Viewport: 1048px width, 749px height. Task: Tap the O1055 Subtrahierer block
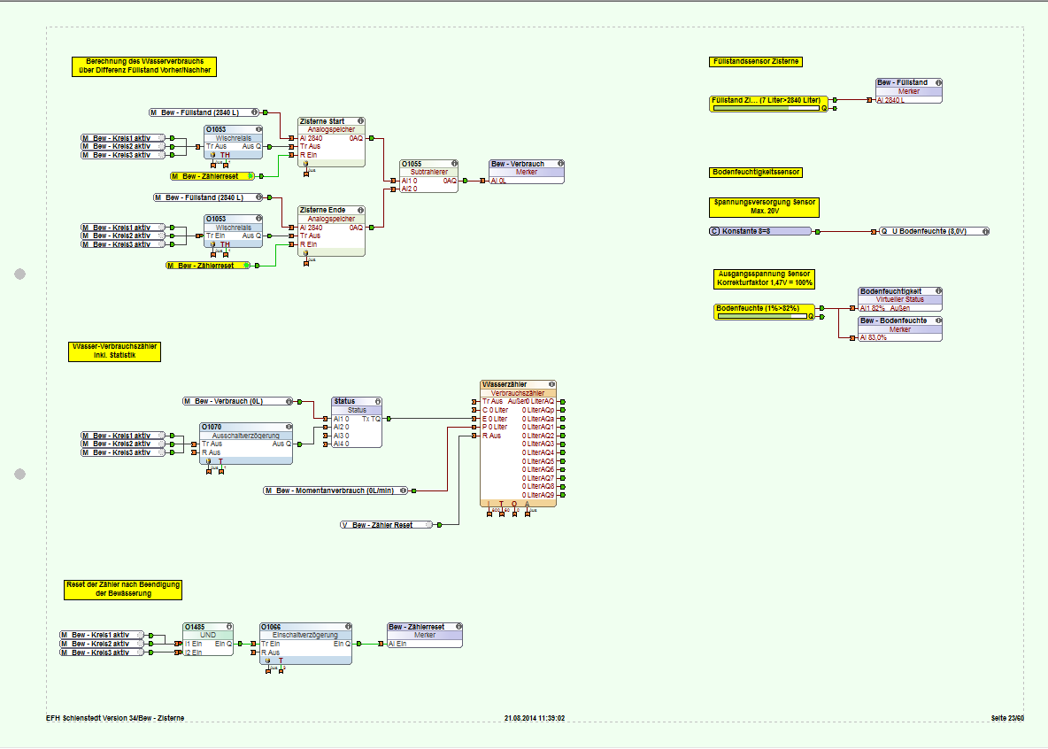[428, 176]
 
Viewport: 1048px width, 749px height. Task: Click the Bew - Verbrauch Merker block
[526, 173]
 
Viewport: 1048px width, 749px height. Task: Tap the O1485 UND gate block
[208, 639]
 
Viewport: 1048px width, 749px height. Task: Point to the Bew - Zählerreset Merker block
[425, 636]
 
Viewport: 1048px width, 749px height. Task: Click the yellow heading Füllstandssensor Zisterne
[756, 61]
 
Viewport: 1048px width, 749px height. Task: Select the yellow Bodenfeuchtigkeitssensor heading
[756, 172]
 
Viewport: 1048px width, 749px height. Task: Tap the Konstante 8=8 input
[760, 231]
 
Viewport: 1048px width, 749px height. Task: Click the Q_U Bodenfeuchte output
[934, 231]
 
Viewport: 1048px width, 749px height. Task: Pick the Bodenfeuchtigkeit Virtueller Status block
[900, 300]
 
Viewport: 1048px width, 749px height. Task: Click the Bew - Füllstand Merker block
[908, 91]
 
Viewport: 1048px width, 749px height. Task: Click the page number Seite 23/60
[1007, 718]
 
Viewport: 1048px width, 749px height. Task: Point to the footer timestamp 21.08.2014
[534, 718]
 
